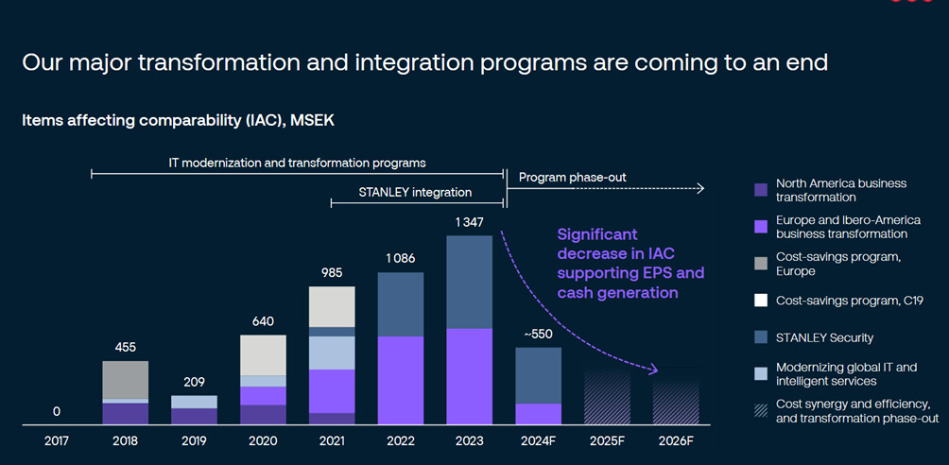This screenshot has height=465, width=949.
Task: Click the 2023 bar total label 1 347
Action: coord(470,222)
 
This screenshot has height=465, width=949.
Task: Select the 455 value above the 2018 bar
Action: coord(125,347)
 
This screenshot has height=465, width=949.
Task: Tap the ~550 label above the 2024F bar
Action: coord(538,334)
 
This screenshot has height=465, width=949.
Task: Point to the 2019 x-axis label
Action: coord(194,441)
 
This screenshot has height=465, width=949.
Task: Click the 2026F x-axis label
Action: coord(676,441)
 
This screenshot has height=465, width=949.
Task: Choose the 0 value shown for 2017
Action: coord(57,411)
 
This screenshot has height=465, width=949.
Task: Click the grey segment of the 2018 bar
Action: coord(126,379)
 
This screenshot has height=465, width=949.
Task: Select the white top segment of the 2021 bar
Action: coord(332,306)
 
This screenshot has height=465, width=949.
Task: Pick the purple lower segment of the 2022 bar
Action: coord(401,379)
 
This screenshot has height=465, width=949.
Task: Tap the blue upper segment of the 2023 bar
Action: coord(470,282)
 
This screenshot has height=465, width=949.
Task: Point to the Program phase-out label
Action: coord(572,177)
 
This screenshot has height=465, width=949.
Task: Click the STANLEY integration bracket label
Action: coord(415,192)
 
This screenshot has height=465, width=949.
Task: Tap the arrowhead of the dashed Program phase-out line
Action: coord(700,189)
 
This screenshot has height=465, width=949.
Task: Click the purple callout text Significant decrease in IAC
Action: coord(597,242)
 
